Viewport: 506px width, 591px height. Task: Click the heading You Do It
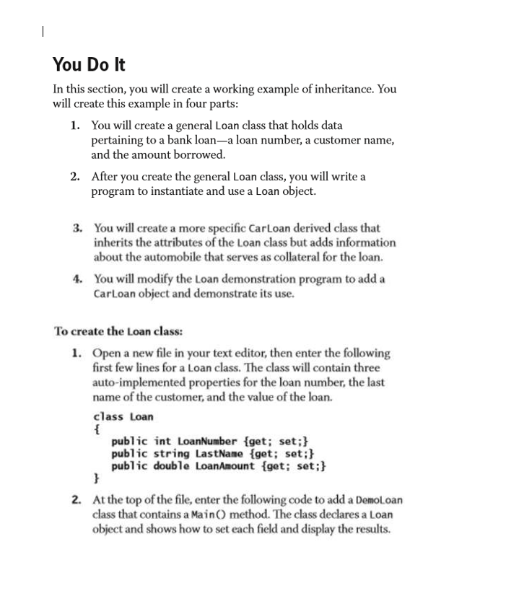pyautogui.click(x=89, y=65)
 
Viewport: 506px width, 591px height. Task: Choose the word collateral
pyautogui.click(x=287, y=257)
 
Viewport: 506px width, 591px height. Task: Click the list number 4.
pyautogui.click(x=77, y=279)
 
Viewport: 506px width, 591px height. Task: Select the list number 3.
pyautogui.click(x=77, y=228)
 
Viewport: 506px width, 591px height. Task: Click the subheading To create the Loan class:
pyautogui.click(x=118, y=331)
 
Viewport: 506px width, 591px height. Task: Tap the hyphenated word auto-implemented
pyautogui.click(x=136, y=382)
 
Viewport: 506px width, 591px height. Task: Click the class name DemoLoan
pyautogui.click(x=378, y=499)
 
